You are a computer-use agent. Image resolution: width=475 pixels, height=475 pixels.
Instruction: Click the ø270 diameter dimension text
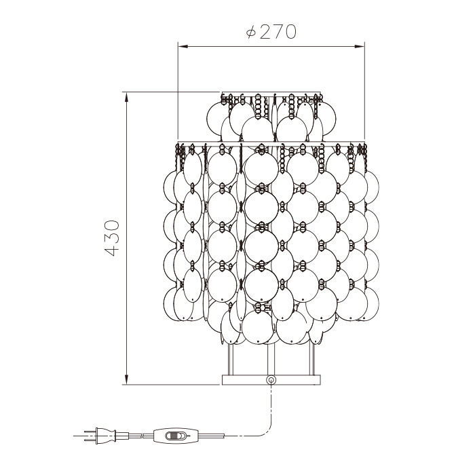click(x=271, y=32)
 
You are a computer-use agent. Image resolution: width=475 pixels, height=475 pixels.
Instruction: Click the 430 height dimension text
click(x=111, y=238)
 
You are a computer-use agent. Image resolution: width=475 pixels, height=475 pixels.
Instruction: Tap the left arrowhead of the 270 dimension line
click(x=184, y=47)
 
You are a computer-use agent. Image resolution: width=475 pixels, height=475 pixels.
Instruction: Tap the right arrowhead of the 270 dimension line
click(x=359, y=47)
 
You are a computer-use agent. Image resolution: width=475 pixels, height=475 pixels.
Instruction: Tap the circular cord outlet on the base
click(x=271, y=379)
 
